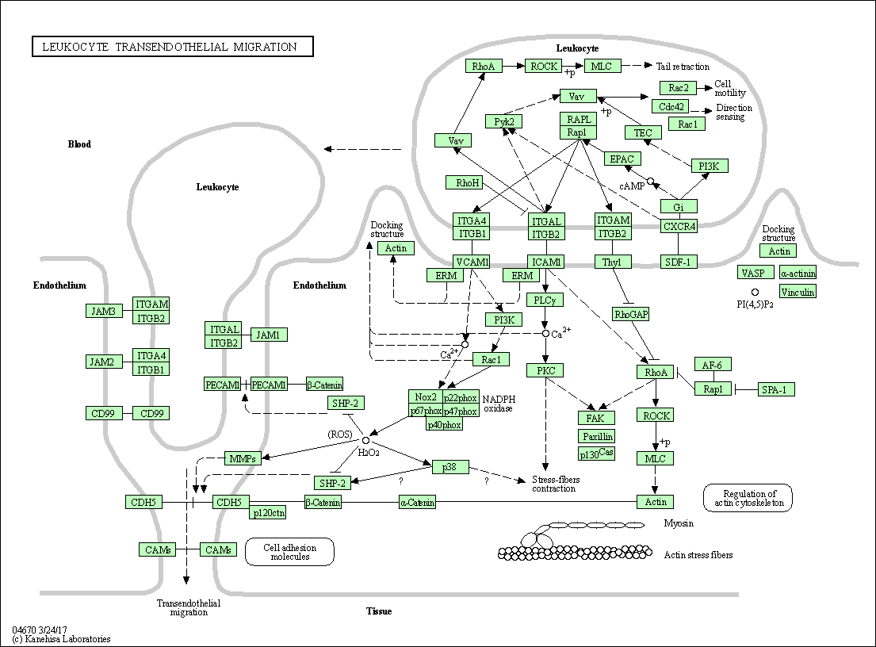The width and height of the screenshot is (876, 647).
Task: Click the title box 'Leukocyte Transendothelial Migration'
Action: (172, 47)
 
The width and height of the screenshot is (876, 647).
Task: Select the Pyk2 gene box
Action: (503, 121)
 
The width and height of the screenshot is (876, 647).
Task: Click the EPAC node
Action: (622, 159)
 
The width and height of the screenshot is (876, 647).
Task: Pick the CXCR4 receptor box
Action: (679, 226)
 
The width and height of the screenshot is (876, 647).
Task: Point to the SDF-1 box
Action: (679, 262)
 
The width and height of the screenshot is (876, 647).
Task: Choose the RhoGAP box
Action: (631, 314)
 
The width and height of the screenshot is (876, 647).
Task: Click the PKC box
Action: (545, 370)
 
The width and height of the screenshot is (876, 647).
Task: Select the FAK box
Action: (595, 418)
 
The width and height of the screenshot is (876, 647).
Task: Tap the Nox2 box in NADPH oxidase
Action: (424, 397)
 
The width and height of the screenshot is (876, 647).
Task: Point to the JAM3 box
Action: (103, 311)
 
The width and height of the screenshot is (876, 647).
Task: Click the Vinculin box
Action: (797, 291)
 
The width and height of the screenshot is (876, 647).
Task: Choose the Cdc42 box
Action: (670, 106)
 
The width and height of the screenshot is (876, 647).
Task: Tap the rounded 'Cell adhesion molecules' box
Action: (289, 552)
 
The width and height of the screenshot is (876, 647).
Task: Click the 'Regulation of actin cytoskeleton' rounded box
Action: (747, 497)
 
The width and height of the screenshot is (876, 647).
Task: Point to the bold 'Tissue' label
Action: (379, 611)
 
